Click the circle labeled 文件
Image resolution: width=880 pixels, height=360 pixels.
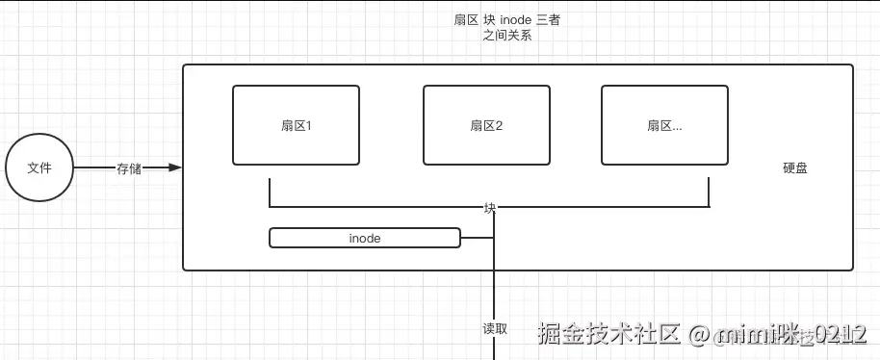point(39,167)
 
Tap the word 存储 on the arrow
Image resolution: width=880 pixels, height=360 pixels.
point(129,167)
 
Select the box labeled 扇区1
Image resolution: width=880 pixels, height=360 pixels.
point(296,125)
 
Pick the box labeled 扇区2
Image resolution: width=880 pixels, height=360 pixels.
point(486,125)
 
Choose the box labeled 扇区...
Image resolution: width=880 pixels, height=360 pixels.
point(664,125)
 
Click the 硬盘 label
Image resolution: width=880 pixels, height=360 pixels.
point(794,167)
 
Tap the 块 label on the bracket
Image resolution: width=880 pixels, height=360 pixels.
point(490,207)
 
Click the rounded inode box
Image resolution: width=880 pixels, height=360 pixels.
point(365,237)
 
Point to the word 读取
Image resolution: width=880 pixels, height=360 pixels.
point(494,327)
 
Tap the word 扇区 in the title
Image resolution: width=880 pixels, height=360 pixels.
point(466,20)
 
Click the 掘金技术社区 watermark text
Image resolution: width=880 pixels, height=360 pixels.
point(608,333)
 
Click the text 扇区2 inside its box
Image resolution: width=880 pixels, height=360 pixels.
point(486,125)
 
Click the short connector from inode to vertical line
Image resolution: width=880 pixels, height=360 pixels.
point(478,237)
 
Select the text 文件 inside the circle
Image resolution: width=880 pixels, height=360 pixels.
point(39,167)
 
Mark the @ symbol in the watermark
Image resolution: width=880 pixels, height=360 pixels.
point(698,334)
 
